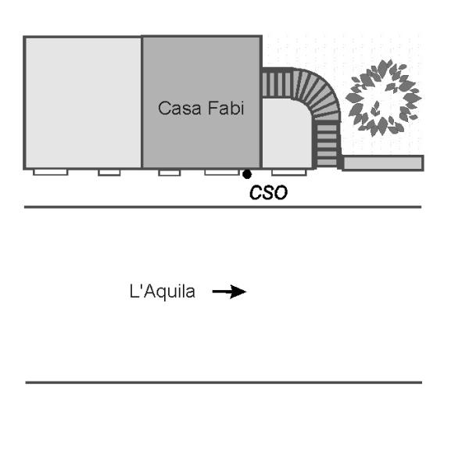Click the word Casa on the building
tap(176, 109)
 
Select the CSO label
tap(268, 193)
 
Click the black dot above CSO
tap(247, 174)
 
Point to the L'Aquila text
tap(163, 292)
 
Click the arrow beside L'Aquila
tap(229, 292)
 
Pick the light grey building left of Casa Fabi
tap(83, 102)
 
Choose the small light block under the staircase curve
tap(286, 133)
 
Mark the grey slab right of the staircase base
tap(383, 163)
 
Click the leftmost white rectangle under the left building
tap(50, 172)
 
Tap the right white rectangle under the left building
tap(109, 172)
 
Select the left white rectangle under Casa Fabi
tap(169, 172)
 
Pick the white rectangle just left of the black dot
tap(221, 172)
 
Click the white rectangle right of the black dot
tap(288, 172)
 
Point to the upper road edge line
tap(223, 207)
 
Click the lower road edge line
tap(223, 382)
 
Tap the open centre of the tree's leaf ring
tap(381, 99)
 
